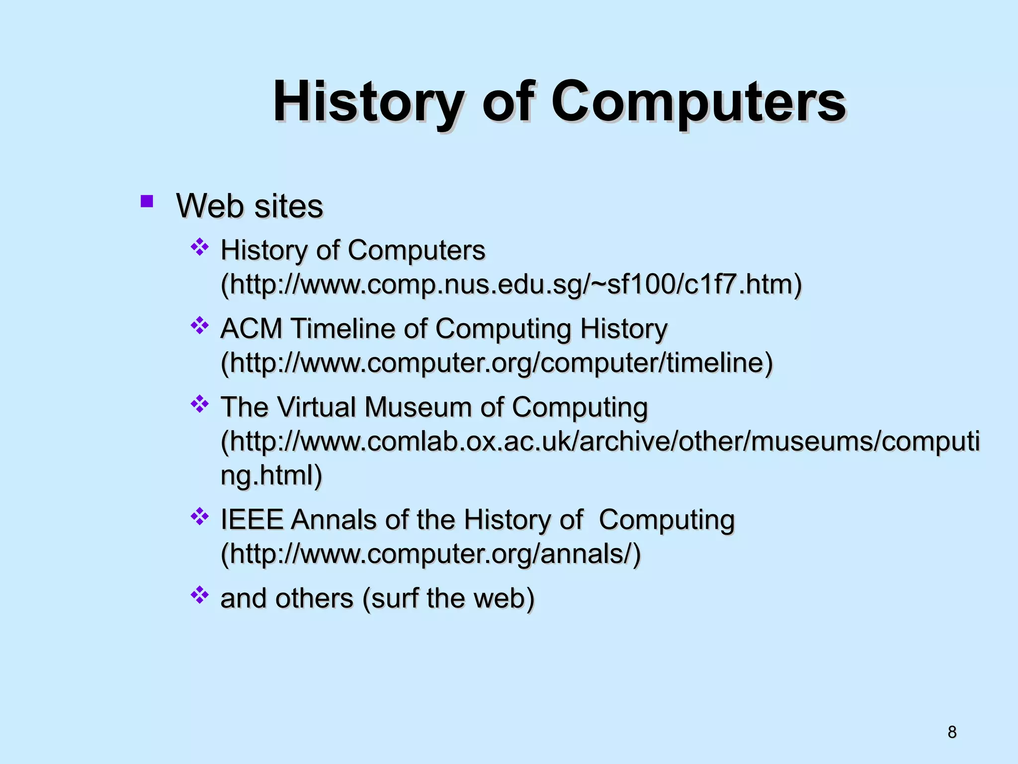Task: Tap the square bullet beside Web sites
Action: click(x=147, y=201)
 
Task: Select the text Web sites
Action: click(x=250, y=206)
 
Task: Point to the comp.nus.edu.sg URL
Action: click(x=511, y=285)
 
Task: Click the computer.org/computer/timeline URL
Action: click(x=497, y=363)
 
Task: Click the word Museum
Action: click(x=418, y=407)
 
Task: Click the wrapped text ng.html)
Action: click(x=271, y=475)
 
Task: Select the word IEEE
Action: click(x=252, y=520)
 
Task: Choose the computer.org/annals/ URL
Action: click(x=430, y=554)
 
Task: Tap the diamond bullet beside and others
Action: click(x=199, y=594)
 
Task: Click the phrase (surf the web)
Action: click(x=448, y=598)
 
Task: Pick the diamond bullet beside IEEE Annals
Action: click(x=199, y=516)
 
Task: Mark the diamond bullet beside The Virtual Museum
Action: click(x=199, y=403)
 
